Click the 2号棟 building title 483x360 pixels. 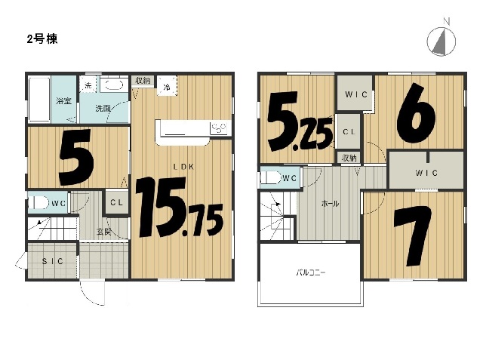[42, 39]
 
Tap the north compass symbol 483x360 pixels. [441, 41]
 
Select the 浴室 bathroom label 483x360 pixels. [63, 101]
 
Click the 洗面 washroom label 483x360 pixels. [103, 109]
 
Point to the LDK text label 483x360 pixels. [183, 167]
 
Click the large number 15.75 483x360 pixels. [180, 207]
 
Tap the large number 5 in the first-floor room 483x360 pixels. [76, 157]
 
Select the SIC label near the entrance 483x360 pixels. [52, 261]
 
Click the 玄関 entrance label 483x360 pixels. [104, 232]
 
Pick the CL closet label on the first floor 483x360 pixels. [116, 202]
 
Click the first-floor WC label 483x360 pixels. [59, 203]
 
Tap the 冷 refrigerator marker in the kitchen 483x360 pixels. [167, 87]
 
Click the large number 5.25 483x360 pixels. [300, 121]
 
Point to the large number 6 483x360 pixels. [416, 112]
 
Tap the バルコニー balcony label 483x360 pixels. [310, 272]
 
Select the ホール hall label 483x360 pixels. [330, 204]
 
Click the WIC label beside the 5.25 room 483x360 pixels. [356, 94]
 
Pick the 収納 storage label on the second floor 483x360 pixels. [349, 158]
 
